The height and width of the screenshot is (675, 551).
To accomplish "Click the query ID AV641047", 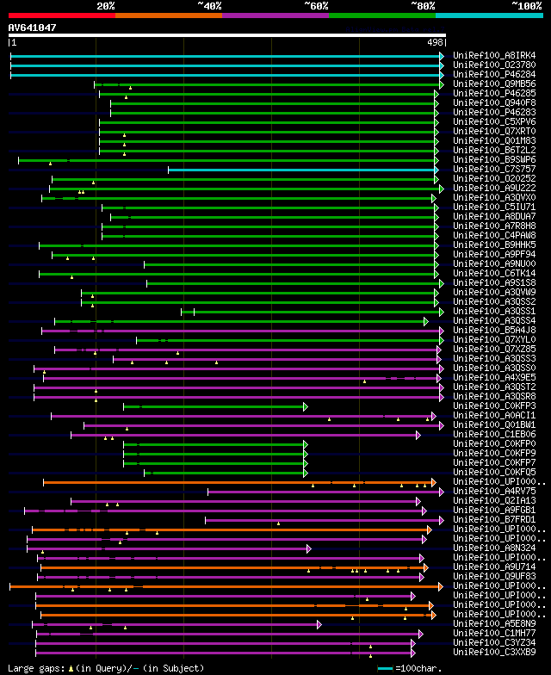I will (33, 28).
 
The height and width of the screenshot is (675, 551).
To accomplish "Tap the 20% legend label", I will (106, 6).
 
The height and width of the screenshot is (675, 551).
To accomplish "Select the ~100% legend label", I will (526, 6).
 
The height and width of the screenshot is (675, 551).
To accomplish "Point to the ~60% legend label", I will (316, 6).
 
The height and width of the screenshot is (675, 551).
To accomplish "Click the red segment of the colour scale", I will (61, 15).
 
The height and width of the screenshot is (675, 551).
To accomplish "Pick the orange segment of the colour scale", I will (168, 15).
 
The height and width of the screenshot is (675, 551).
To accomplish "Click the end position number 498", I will (435, 41).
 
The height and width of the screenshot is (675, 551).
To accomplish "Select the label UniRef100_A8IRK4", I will (494, 55).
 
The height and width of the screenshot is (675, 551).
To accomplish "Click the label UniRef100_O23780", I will (494, 65).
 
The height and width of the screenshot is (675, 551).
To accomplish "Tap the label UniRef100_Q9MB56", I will (494, 84).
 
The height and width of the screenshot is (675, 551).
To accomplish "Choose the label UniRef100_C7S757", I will (494, 169).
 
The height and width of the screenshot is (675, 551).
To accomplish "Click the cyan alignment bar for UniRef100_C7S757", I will (301, 170).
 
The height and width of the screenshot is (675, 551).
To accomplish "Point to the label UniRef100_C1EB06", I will (494, 434).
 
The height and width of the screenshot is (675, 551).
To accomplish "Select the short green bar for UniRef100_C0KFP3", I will (215, 406).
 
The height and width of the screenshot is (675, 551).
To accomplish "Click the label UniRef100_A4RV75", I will (494, 491).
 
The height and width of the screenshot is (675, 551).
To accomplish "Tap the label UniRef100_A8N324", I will (494, 548).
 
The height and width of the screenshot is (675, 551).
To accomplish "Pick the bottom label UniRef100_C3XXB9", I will (494, 652).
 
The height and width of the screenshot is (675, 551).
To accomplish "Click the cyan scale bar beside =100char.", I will (385, 668).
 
